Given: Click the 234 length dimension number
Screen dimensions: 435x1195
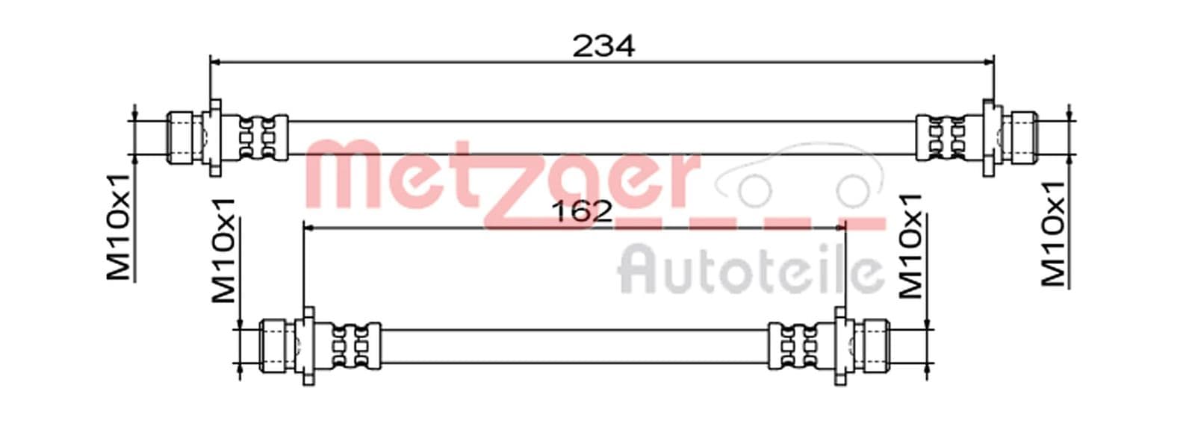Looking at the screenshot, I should pos(603,46).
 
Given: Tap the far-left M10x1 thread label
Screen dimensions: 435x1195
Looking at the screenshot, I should pos(119,227).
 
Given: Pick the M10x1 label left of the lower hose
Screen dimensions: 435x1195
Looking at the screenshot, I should pos(223,251).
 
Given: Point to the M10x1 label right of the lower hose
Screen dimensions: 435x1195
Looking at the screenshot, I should pos(910,245).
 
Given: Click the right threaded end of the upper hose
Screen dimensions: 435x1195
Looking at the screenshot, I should pos(1022,137).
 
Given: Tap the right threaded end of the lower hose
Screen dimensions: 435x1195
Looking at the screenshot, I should pos(875,346).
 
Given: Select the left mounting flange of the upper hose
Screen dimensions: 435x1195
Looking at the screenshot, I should pos(214,137).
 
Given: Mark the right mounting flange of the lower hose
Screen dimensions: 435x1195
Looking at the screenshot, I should pos(842,346).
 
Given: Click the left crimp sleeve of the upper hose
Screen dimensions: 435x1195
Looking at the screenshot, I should pos(263,137).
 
